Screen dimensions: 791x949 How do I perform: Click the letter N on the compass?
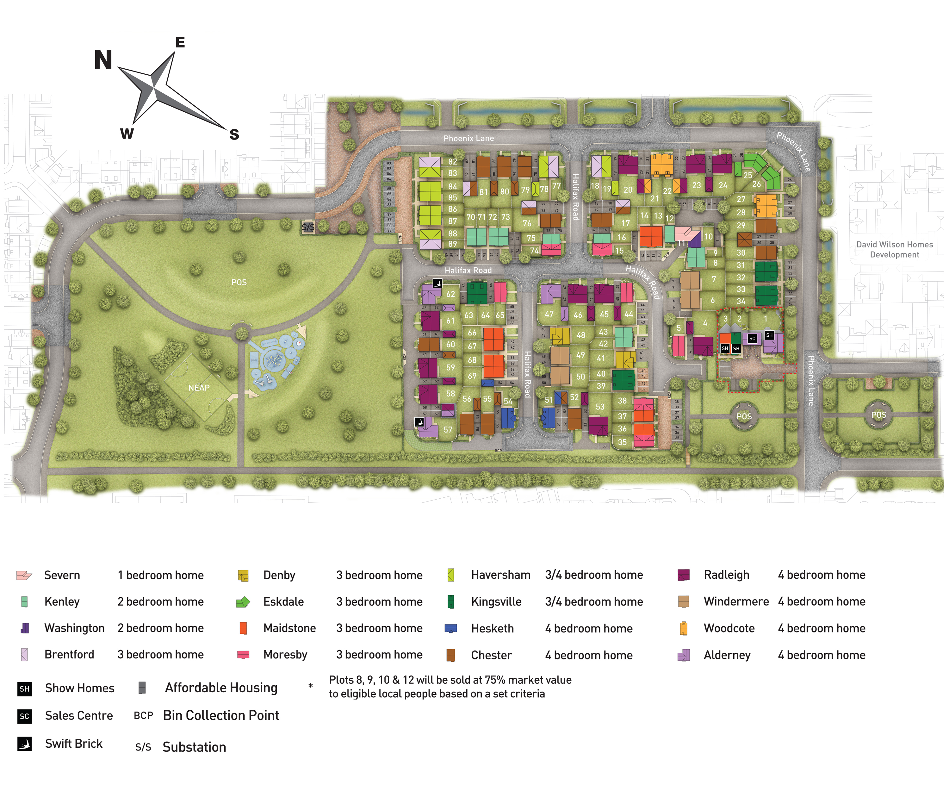pyautogui.click(x=103, y=60)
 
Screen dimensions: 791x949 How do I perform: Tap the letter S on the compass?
pyautogui.click(x=234, y=134)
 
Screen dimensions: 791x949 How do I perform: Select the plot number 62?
pyautogui.click(x=450, y=294)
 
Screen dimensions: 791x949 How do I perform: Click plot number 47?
pyautogui.click(x=549, y=314)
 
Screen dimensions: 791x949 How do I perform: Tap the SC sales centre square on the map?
pyautogui.click(x=752, y=339)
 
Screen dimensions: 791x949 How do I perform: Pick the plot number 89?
pyautogui.click(x=452, y=244)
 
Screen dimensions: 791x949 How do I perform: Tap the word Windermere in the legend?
pyautogui.click(x=736, y=601)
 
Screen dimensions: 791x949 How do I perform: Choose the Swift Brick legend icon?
pyautogui.click(x=24, y=744)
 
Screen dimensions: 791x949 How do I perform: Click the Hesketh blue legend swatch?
pyautogui.click(x=451, y=628)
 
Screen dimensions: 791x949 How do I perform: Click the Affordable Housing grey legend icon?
pyautogui.click(x=142, y=688)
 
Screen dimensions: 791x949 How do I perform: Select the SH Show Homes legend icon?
pyautogui.click(x=24, y=688)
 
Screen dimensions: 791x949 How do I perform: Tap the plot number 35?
pyautogui.click(x=622, y=442)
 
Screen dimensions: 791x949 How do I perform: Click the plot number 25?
pyautogui.click(x=748, y=175)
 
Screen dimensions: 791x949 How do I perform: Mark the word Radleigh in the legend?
pyautogui.click(x=726, y=575)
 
